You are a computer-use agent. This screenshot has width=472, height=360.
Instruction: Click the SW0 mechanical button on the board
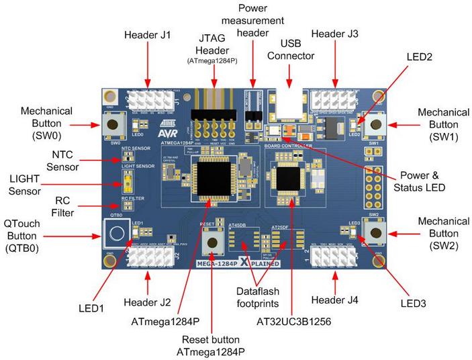(x=111, y=124)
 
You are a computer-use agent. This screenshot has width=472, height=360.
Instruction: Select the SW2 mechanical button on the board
(x=373, y=232)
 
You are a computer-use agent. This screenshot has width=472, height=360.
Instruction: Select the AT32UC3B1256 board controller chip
(x=290, y=176)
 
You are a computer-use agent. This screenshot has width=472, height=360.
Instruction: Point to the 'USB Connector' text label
(x=290, y=48)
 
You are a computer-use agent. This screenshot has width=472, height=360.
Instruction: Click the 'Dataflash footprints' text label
(x=267, y=298)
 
